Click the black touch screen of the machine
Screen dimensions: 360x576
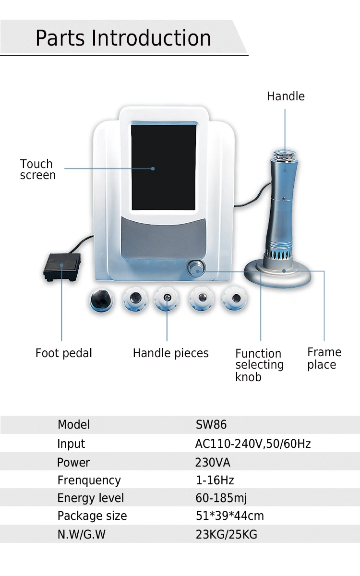click(x=164, y=168)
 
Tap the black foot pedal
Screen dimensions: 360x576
click(x=62, y=267)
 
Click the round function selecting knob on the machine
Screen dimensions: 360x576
click(x=197, y=268)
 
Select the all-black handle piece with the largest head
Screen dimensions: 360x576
click(x=101, y=300)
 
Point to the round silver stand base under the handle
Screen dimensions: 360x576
click(x=277, y=275)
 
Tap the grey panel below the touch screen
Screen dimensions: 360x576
click(x=164, y=239)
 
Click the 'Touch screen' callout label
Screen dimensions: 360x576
click(x=37, y=169)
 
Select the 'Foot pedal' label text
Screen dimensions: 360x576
click(x=64, y=353)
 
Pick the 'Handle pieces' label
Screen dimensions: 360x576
click(x=171, y=353)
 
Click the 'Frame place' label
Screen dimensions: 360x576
click(x=324, y=359)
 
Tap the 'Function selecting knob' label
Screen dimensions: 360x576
click(x=260, y=365)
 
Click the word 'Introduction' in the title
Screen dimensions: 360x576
click(x=151, y=38)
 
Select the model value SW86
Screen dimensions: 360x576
click(x=211, y=424)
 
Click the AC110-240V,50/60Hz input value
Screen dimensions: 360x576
click(x=253, y=444)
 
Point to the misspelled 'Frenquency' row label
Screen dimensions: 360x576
click(x=89, y=480)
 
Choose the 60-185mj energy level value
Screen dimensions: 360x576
click(x=221, y=498)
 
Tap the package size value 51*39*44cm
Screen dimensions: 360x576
click(x=230, y=516)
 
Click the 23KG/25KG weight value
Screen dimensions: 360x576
click(x=227, y=534)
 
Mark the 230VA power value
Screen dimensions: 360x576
click(x=213, y=462)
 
